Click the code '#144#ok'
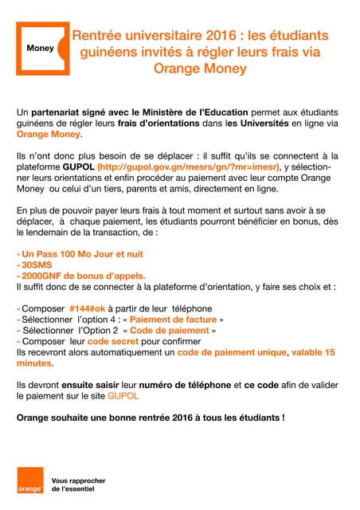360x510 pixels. (x=96, y=308)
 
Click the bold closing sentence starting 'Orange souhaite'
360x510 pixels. (x=151, y=417)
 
